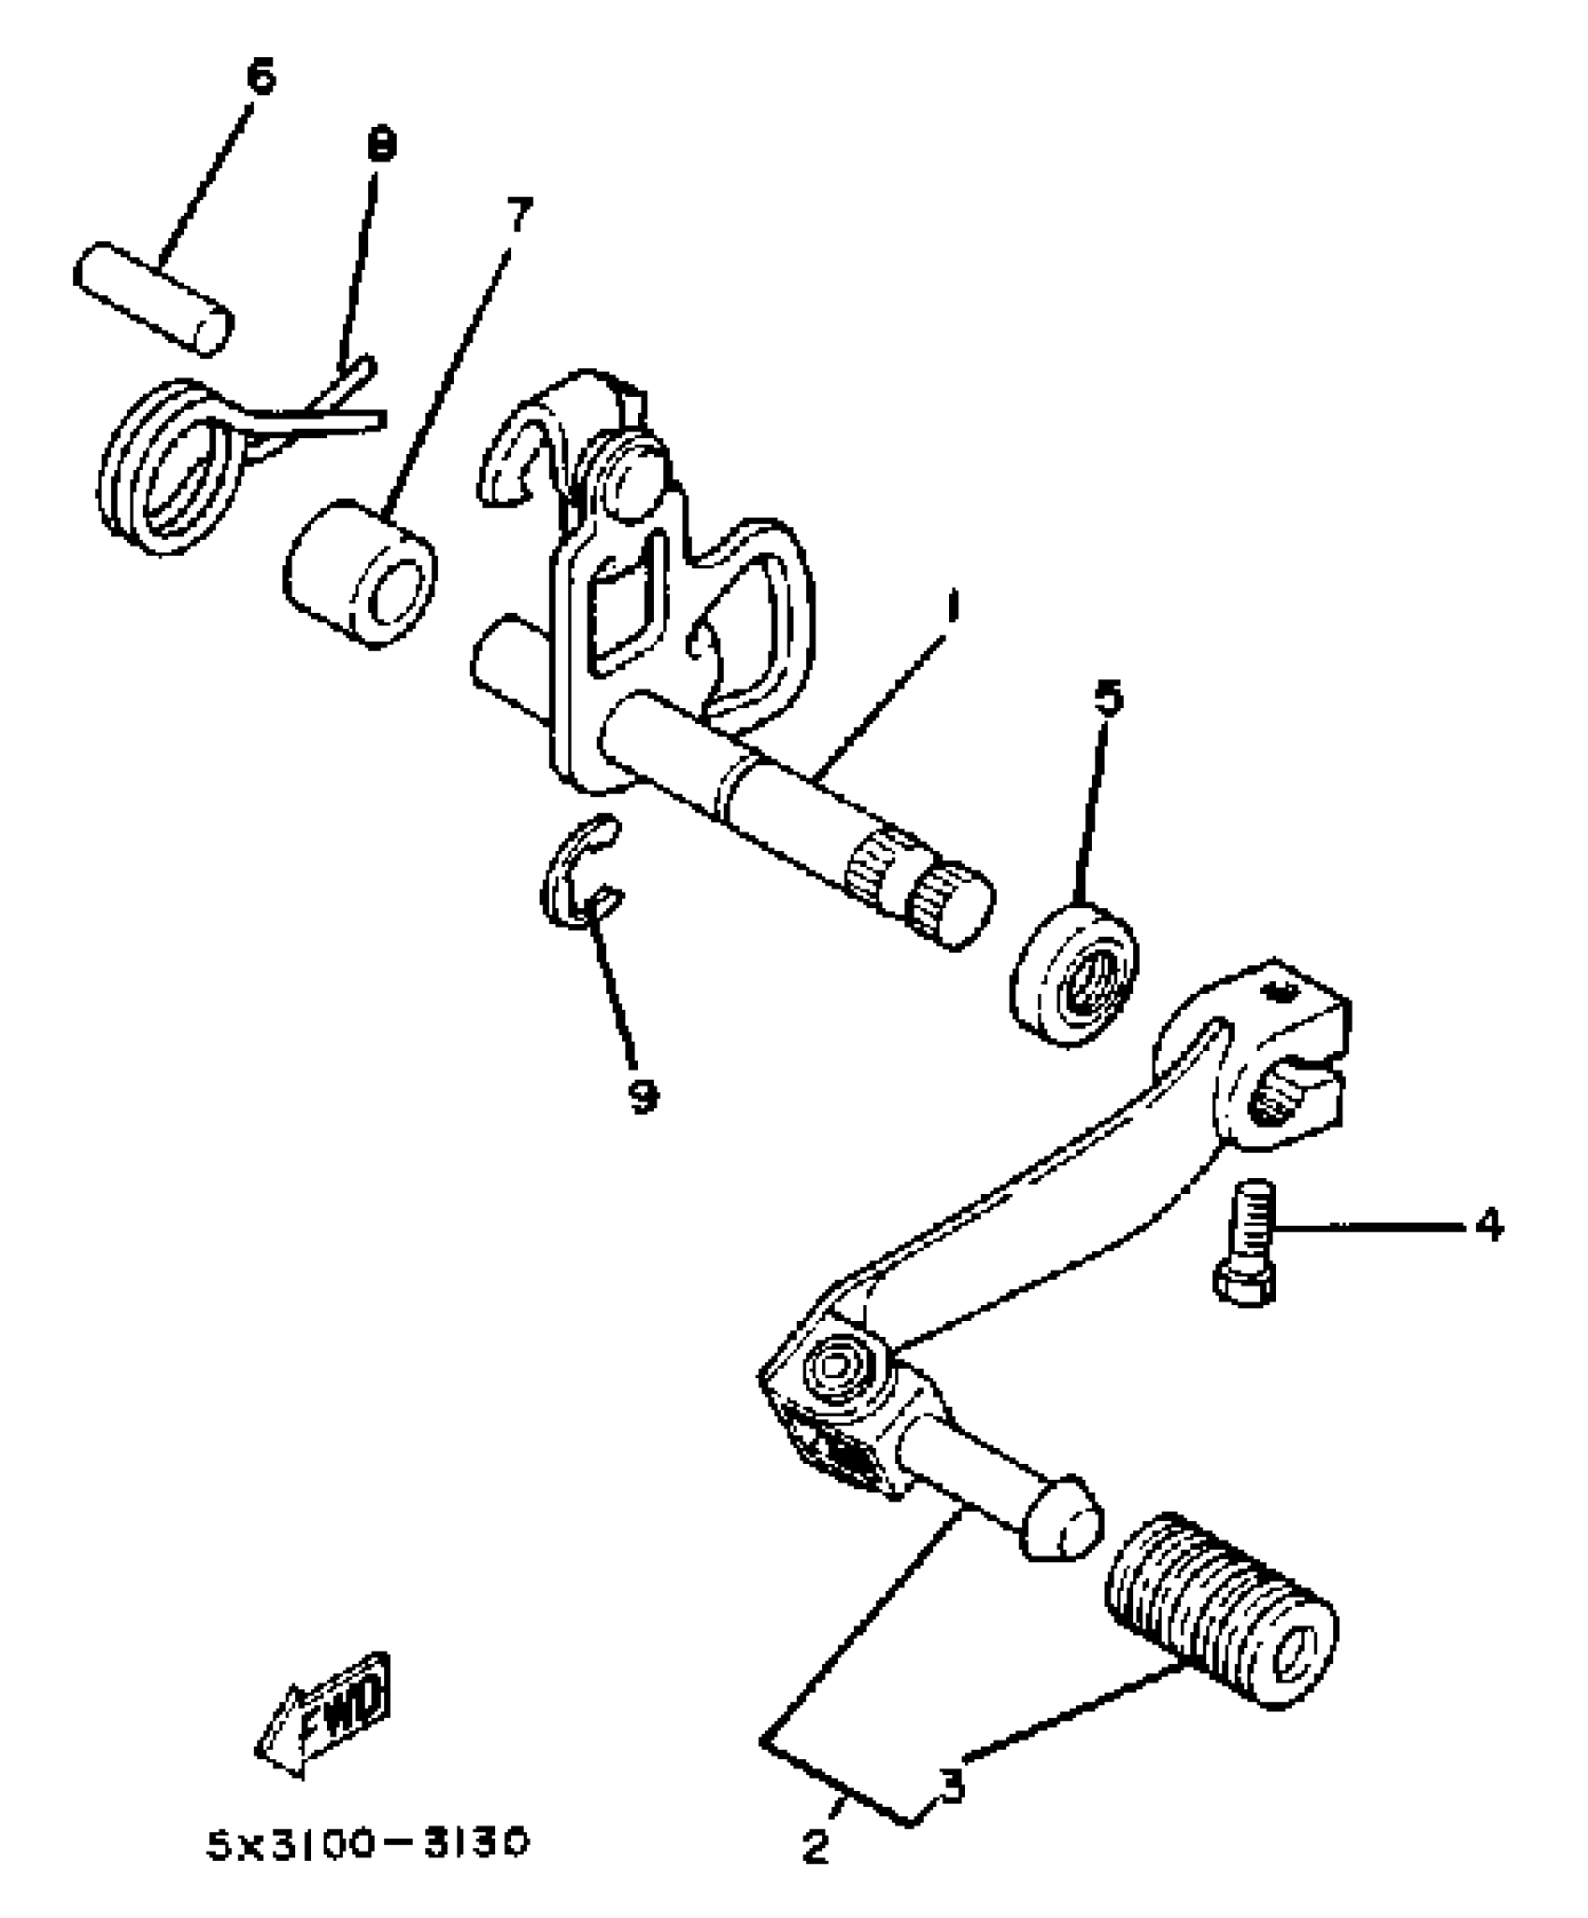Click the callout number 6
(x=262, y=77)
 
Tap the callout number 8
(x=381, y=147)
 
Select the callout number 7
(x=517, y=215)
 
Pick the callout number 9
(x=642, y=1095)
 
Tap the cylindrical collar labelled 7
(x=360, y=575)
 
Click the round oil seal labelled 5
(x=1074, y=973)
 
